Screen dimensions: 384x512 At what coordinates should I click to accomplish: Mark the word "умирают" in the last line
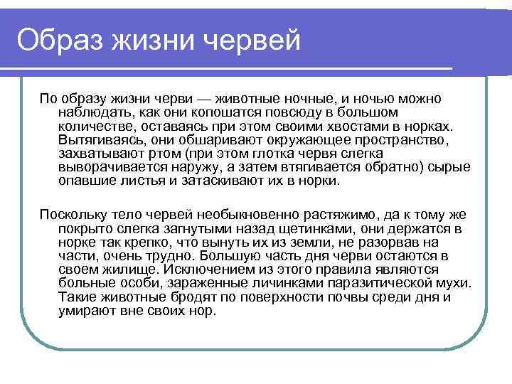click(x=86, y=312)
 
